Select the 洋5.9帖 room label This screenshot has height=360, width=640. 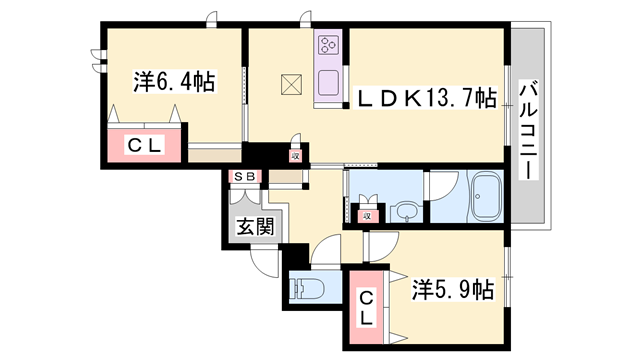[x=452, y=290]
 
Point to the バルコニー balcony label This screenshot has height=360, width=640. [x=527, y=130]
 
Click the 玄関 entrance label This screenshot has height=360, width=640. [x=255, y=226]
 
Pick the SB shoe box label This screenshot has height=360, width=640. [x=244, y=178]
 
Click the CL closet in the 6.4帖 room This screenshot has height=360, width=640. [x=144, y=145]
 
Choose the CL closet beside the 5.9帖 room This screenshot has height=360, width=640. [x=366, y=307]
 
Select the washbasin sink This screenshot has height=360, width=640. [x=405, y=212]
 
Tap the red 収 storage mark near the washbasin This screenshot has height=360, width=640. [x=366, y=214]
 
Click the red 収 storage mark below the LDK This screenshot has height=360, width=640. [x=296, y=155]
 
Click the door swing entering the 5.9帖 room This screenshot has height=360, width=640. [x=382, y=249]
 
